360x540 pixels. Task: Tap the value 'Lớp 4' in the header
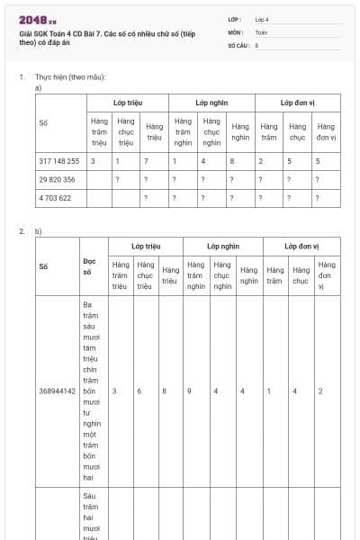[262, 18]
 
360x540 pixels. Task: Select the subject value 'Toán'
[261, 31]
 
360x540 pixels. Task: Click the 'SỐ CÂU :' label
[238, 44]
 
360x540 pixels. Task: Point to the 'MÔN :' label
[235, 31]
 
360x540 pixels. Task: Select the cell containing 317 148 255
[59, 161]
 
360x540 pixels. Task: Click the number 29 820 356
[57, 180]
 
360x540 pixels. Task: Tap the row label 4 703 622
[55, 199]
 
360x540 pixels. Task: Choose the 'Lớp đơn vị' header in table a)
[297, 103]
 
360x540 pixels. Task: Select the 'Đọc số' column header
[87, 267]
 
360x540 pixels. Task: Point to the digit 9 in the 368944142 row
[189, 391]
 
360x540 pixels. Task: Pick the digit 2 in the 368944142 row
[320, 391]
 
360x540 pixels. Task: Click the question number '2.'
[22, 231]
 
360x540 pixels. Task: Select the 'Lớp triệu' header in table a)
[128, 103]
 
